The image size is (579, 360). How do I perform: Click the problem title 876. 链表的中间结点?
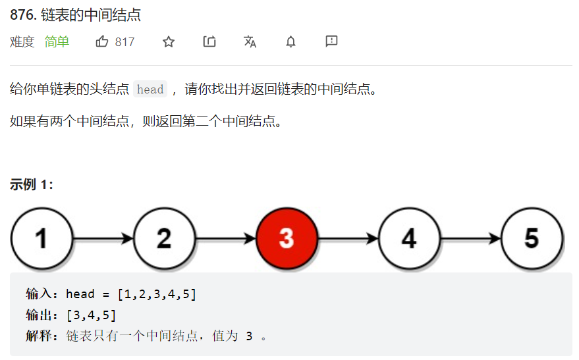pos(76,15)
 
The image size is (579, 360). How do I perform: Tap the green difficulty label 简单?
pos(57,42)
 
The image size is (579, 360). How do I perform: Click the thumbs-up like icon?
pos(102,42)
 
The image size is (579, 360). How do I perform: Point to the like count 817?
pos(124,42)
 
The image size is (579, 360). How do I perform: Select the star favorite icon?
pos(169,42)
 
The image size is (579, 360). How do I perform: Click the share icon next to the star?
pos(209,42)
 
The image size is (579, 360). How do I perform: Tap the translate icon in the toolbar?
pos(250,42)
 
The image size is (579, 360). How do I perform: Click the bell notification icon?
pos(290,42)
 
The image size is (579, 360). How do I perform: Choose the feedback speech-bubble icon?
pos(331,41)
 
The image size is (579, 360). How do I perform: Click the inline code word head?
pos(150,90)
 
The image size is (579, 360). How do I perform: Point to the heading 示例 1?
pos(32,185)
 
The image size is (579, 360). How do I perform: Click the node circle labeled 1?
pos(41,238)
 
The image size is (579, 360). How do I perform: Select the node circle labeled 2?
pos(164,238)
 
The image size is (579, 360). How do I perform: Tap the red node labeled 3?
pos(287,238)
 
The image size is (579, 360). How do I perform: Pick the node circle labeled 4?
pos(409,238)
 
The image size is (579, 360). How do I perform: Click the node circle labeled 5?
pos(532,238)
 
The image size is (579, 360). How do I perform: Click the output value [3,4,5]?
pos(91,315)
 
